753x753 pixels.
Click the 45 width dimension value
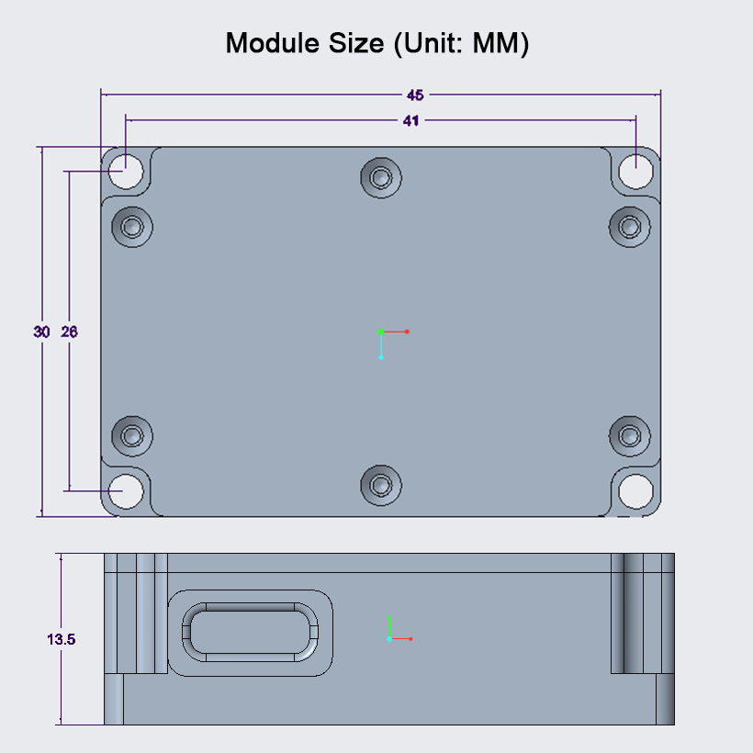click(x=415, y=95)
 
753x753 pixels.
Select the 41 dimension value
click(x=410, y=120)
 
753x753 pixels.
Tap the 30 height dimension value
click(x=41, y=332)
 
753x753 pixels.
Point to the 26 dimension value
click(x=69, y=332)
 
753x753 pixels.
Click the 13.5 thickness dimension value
click(x=61, y=639)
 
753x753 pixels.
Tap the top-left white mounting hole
click(x=126, y=170)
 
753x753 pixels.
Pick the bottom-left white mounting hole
click(x=126, y=491)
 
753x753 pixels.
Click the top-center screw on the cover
click(x=380, y=176)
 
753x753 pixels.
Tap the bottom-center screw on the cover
click(x=380, y=485)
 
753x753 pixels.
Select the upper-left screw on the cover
click(x=132, y=225)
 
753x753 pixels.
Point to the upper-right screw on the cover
click(x=630, y=225)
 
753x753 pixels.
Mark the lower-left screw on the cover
click(x=132, y=434)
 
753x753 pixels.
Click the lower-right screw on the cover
click(x=630, y=434)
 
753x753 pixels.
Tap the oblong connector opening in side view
click(x=250, y=632)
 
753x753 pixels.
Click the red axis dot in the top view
click(x=407, y=332)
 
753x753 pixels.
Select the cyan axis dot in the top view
click(x=381, y=357)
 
